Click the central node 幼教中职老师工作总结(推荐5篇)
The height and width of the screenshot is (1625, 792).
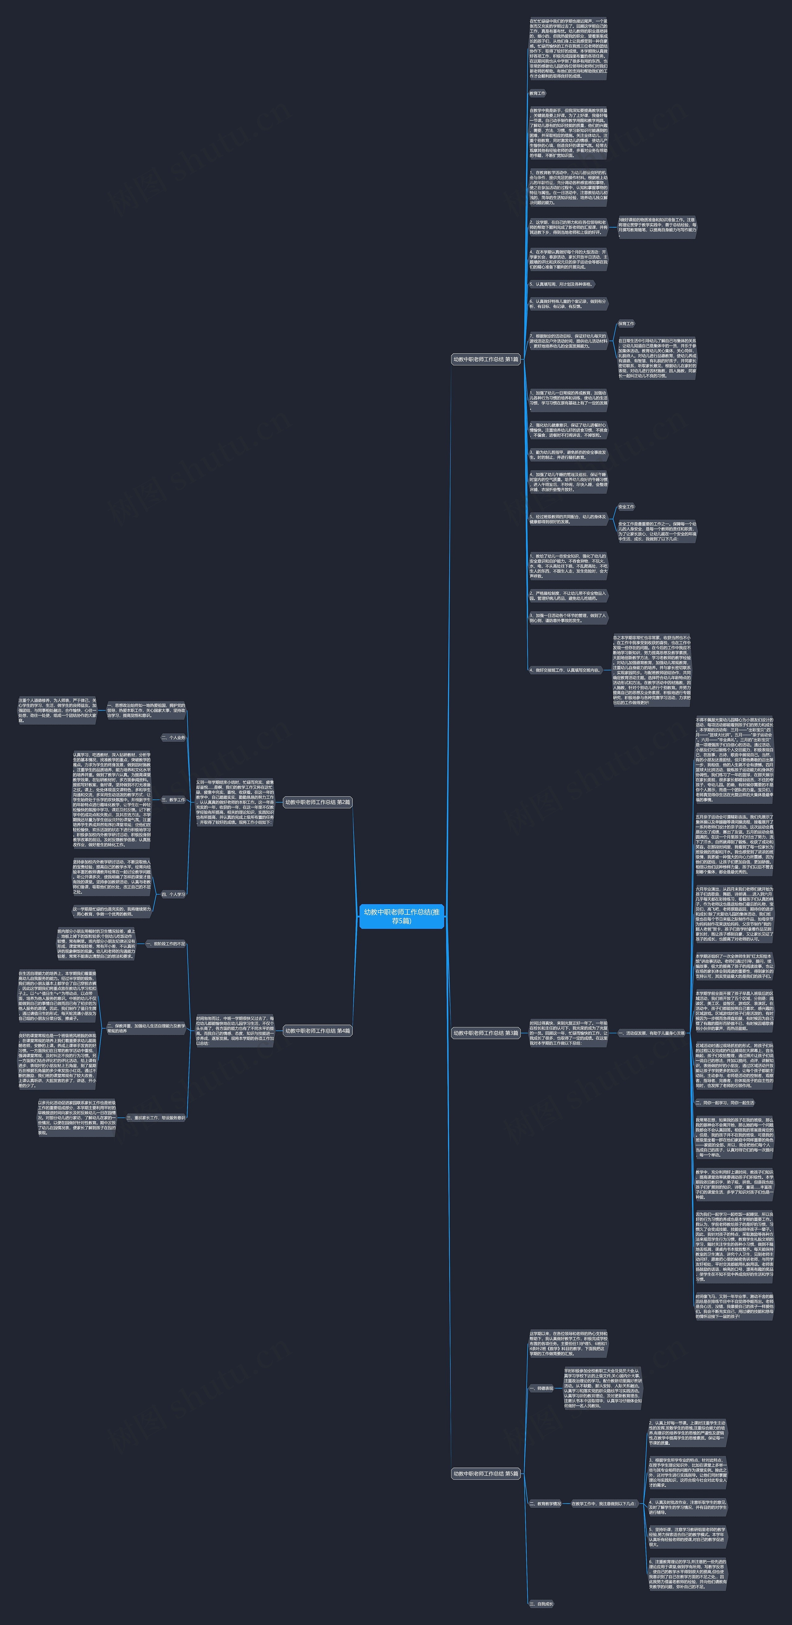(402, 916)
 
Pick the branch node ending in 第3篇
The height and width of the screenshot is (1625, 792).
(485, 1033)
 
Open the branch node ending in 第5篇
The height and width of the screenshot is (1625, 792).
(485, 1474)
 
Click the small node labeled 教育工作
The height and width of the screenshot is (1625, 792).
(538, 93)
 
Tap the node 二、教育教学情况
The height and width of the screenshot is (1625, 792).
(544, 1503)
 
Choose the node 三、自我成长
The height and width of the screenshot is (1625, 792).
(541, 1603)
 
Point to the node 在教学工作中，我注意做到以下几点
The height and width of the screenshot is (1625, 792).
(603, 1503)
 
